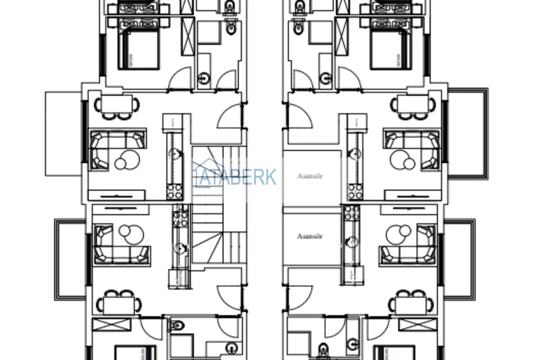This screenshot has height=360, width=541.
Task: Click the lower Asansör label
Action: [310, 236]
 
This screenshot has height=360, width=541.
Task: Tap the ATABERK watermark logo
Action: [235, 177]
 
